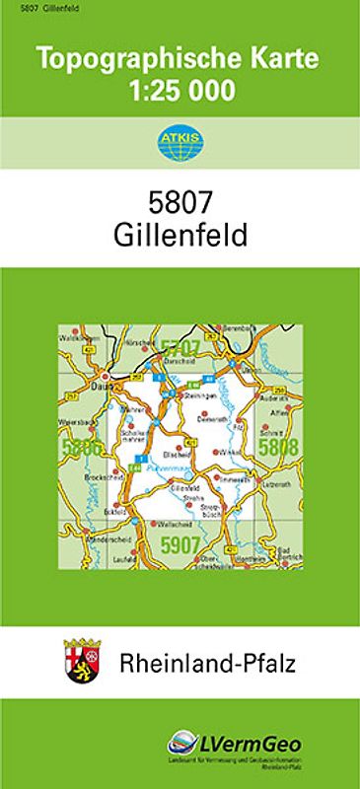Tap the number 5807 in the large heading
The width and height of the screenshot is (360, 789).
180,200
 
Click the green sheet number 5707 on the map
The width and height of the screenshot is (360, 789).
181,346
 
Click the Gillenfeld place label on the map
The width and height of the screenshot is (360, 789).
185,488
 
